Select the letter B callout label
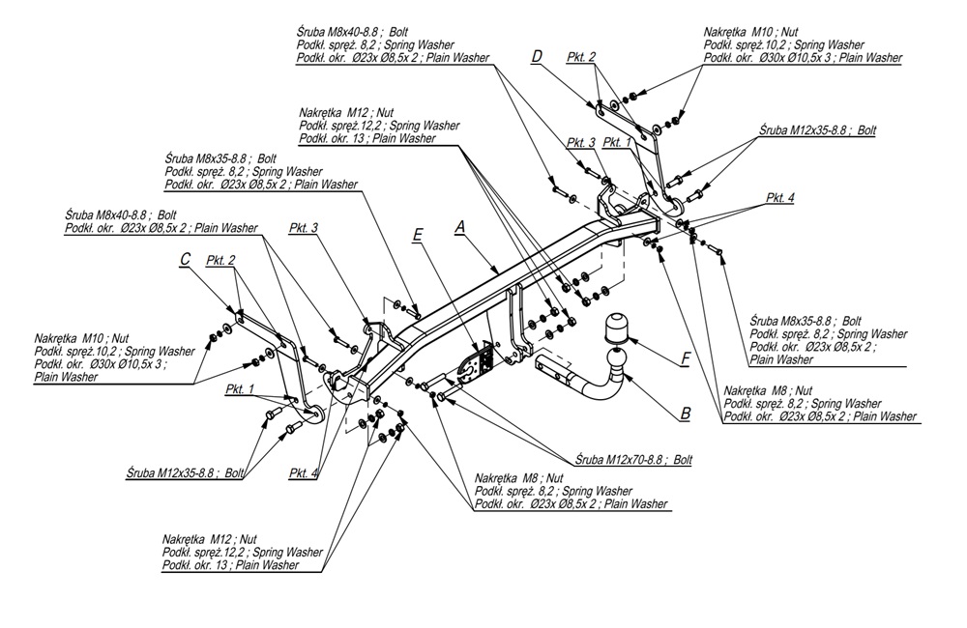pyautogui.click(x=685, y=413)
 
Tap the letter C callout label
pyautogui.click(x=185, y=258)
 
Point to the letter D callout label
pyautogui.click(x=537, y=57)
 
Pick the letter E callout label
pyautogui.click(x=417, y=234)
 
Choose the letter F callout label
pyautogui.click(x=685, y=358)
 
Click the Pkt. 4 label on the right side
pyautogui.click(x=780, y=198)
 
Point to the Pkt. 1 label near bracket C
pyautogui.click(x=239, y=389)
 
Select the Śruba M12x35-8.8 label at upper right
pyautogui.click(x=817, y=128)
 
